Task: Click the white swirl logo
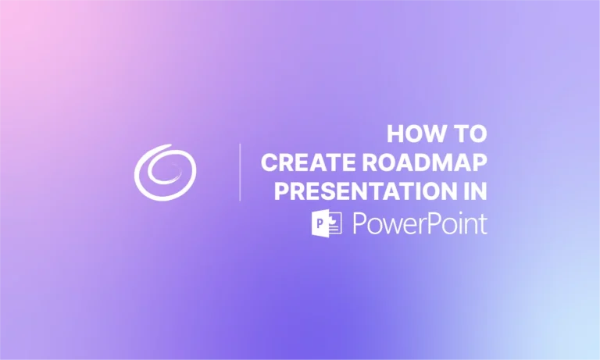(x=165, y=171)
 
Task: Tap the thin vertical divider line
(x=240, y=172)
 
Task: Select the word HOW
(x=414, y=134)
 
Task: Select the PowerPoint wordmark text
(x=420, y=223)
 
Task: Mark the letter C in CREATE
(x=270, y=163)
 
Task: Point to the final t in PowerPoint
(x=483, y=223)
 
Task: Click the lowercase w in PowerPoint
(x=389, y=225)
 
